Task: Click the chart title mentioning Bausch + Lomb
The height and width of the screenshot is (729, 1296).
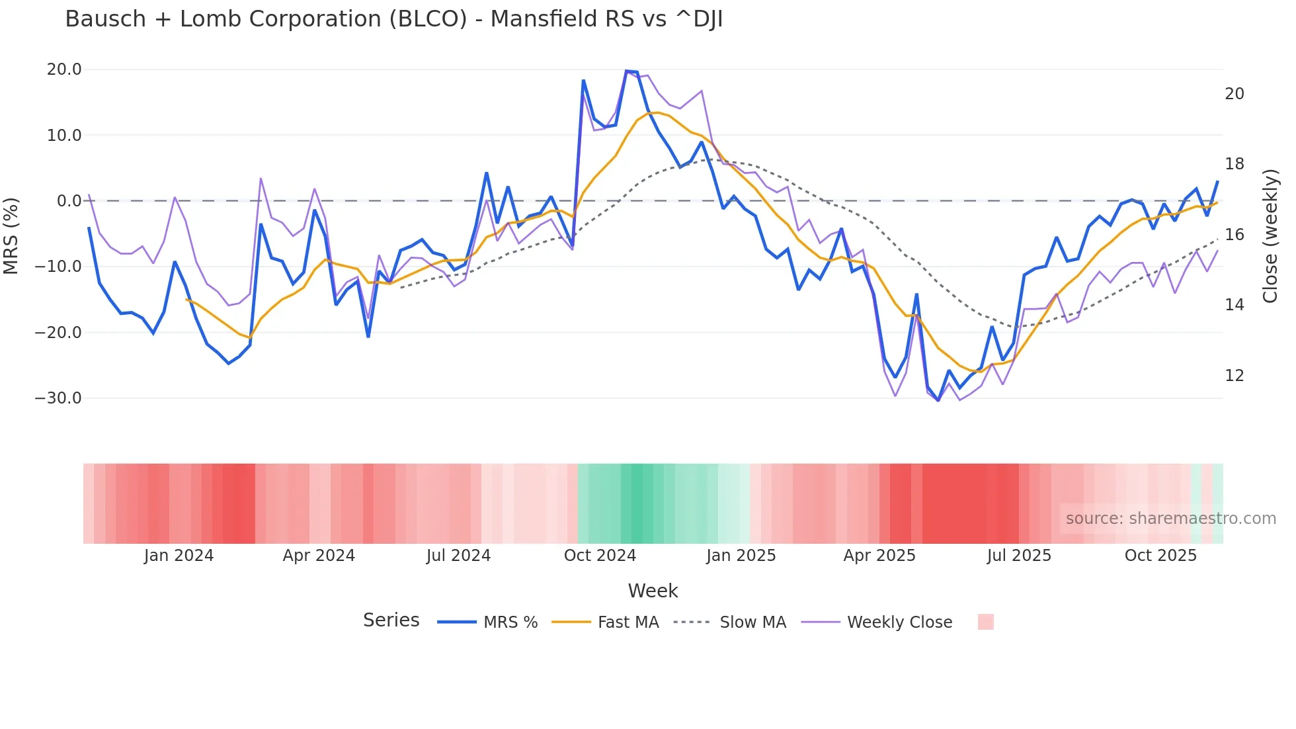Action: [394, 19]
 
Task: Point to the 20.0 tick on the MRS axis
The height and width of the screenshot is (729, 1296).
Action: [64, 69]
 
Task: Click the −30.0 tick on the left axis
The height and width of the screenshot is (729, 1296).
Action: [58, 398]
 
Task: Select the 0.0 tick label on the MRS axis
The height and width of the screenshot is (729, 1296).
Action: [69, 201]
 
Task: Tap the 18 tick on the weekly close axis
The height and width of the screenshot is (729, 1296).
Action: [1234, 164]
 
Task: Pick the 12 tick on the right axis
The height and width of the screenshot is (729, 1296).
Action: [1234, 376]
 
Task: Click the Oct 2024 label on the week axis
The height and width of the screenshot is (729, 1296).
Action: [600, 556]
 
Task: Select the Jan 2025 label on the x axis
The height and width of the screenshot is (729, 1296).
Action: [741, 556]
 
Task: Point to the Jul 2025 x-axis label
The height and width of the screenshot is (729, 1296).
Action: [1019, 556]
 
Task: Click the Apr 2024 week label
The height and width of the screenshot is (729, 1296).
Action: [319, 556]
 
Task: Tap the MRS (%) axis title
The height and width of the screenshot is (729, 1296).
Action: [11, 236]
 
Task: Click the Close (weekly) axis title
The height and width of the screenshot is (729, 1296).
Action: [1270, 236]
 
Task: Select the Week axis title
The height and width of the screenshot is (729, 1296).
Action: [653, 591]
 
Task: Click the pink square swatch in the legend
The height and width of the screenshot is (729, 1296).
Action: [985, 622]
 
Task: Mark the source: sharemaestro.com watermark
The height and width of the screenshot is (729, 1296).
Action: [1170, 519]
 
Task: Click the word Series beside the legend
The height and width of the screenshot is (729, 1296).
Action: [391, 621]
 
